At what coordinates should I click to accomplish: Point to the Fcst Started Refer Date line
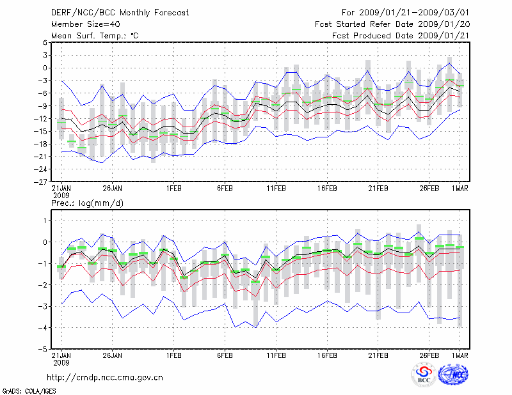(392, 24)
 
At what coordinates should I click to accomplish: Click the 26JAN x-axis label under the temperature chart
(112, 189)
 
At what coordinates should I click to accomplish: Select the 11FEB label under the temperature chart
(276, 189)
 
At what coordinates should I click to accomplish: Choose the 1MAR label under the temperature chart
(460, 189)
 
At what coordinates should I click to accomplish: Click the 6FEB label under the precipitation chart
(225, 356)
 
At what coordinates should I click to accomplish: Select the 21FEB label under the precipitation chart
(378, 356)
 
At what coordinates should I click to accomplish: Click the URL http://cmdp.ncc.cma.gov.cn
(105, 377)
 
